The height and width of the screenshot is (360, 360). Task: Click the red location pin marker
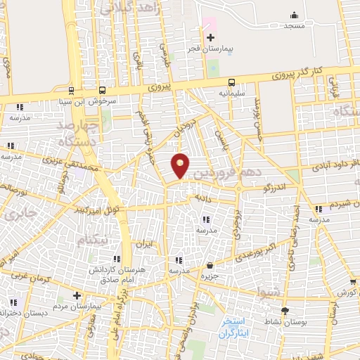[181, 165]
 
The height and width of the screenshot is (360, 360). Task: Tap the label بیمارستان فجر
[209, 51]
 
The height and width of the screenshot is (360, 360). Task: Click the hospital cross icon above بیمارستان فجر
[210, 37]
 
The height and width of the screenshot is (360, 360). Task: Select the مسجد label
[293, 26]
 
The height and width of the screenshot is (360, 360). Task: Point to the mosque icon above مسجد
[294, 15]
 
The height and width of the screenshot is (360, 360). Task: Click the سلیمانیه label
[232, 92]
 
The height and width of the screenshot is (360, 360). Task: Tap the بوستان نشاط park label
[268, 321]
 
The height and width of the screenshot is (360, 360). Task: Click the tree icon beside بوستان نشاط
[285, 311]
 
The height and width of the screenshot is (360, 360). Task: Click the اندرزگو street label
[273, 188]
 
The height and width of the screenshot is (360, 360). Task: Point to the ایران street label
[143, 244]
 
